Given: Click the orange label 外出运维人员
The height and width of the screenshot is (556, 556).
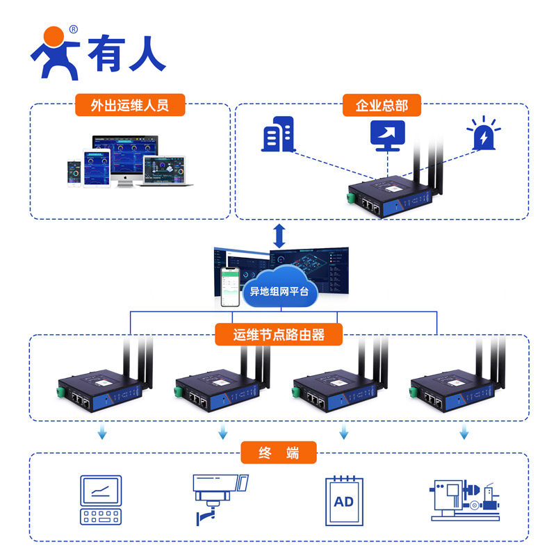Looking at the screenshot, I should point(130,106).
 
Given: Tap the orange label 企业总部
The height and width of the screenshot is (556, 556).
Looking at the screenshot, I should point(382,106).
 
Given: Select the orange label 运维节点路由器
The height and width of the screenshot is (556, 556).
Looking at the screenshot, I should point(279,335).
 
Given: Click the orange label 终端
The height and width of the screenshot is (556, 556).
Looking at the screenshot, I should point(279,453).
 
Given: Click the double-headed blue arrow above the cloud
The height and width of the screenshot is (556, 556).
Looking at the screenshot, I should point(279,236).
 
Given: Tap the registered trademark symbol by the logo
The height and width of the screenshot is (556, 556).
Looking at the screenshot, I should point(74,30).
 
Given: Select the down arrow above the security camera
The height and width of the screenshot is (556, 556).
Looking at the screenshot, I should point(223,433).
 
